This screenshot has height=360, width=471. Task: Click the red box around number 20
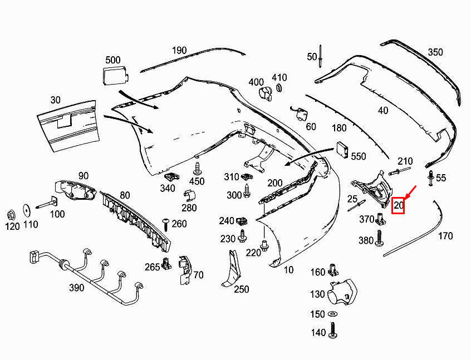(x=399, y=206)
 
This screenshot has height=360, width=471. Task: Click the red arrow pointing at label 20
(x=410, y=193)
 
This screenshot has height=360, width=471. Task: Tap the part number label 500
(x=112, y=60)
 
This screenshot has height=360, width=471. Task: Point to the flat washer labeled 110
(x=26, y=210)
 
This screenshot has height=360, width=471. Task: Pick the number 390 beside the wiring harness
(x=76, y=288)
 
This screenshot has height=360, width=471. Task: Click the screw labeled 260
(x=165, y=224)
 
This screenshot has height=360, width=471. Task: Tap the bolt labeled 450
(x=197, y=169)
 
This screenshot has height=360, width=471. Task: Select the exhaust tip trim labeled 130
(x=341, y=292)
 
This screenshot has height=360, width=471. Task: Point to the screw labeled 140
(x=333, y=332)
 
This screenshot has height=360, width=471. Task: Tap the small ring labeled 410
(x=279, y=88)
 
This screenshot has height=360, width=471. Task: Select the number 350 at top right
(x=435, y=52)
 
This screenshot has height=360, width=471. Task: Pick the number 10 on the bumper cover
(x=288, y=270)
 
